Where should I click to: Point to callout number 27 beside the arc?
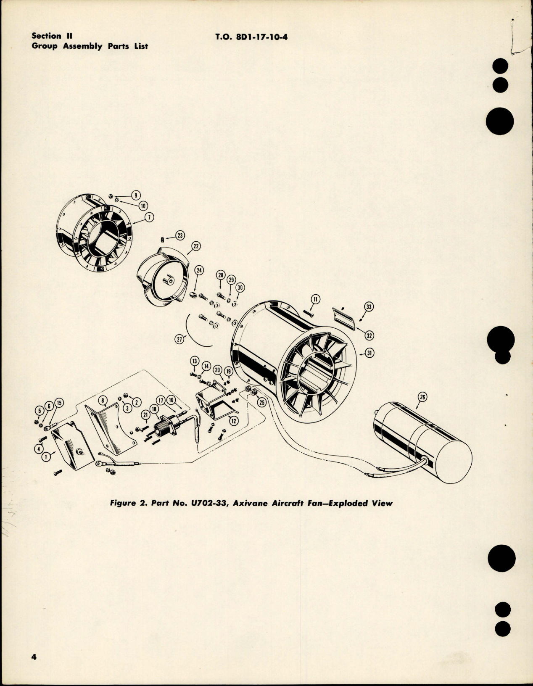click(x=179, y=340)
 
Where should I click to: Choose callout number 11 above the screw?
click(x=315, y=299)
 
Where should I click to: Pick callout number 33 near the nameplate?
click(x=369, y=307)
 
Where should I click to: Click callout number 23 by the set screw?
click(x=180, y=236)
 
